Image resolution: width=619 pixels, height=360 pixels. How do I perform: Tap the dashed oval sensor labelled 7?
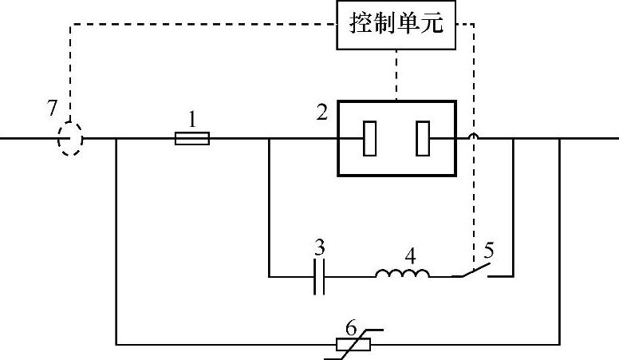coord(70,139)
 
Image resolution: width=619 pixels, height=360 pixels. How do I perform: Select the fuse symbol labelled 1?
coord(192,139)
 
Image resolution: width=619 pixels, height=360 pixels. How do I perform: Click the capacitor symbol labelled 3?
coord(319,277)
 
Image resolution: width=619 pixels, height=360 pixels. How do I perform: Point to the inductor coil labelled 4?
coord(403,275)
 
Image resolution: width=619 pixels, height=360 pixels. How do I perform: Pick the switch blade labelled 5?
coord(473,271)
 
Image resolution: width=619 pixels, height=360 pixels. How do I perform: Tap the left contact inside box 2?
coord(370,139)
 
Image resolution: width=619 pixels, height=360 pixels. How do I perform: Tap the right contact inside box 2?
coord(423,139)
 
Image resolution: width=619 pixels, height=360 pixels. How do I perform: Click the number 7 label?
coord(53,108)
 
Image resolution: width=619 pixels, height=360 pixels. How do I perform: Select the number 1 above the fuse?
coord(192,118)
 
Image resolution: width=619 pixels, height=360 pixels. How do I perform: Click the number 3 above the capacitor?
coord(319,247)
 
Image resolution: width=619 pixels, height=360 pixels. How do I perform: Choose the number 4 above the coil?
coord(411,257)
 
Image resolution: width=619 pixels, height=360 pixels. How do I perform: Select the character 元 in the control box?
coord(440,26)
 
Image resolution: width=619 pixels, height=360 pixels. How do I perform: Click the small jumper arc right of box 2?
coord(474,136)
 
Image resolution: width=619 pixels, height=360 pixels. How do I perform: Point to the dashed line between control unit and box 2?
coord(396,75)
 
